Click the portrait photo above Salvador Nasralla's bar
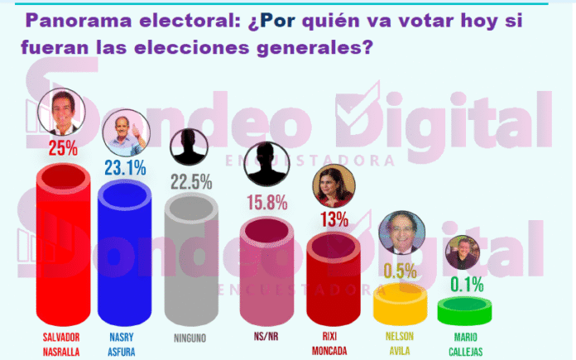coord(61,113)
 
